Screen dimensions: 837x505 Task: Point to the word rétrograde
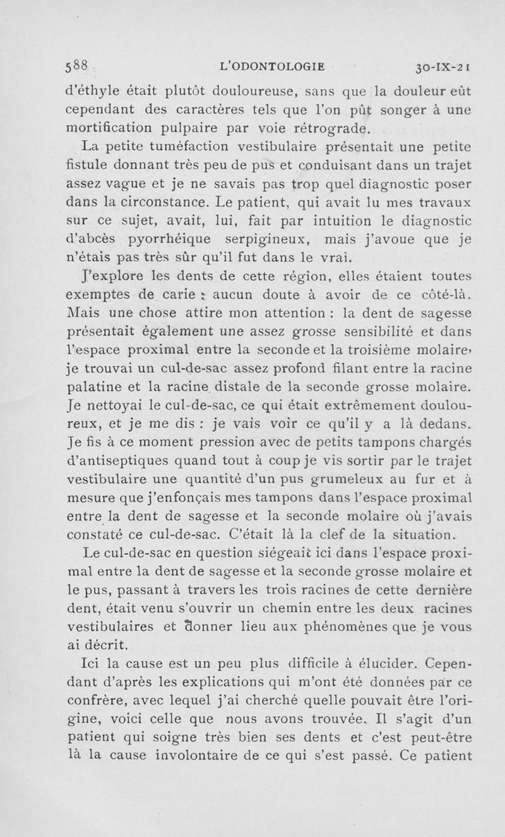[335, 129]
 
